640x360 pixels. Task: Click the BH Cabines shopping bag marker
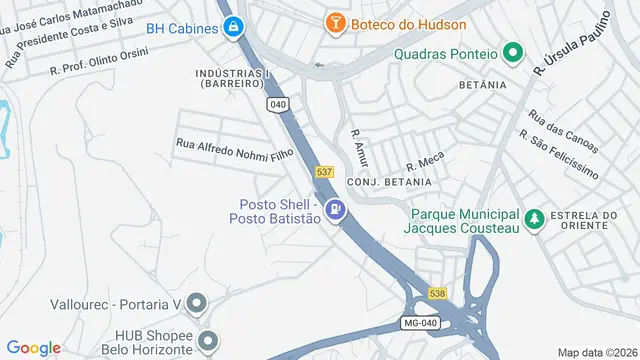coord(233,27)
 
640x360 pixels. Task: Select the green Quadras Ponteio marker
coord(513,53)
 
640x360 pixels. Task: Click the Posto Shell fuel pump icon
coord(337,210)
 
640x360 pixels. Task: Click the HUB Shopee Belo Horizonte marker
coord(207,341)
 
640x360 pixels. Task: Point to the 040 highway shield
coord(278,103)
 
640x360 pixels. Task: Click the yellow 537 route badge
coord(324,172)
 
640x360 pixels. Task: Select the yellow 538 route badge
coord(438,293)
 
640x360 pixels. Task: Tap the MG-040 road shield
coord(420,323)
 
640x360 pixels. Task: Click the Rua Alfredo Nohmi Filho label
coord(234,149)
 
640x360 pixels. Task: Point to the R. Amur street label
coord(360,146)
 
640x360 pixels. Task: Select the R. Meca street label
coord(423,162)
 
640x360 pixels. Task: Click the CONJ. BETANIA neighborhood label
coord(389,182)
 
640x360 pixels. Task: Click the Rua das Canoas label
coord(550,129)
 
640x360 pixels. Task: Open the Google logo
coord(35,347)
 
